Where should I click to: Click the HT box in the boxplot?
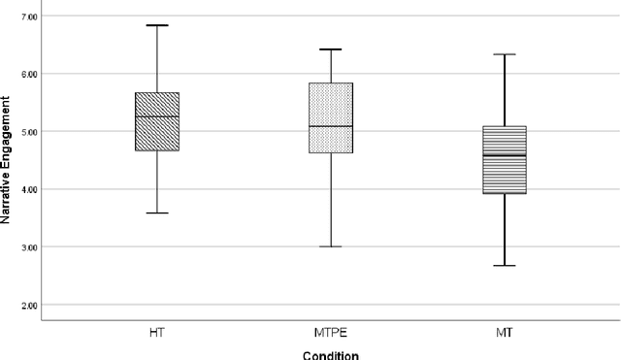[156, 121]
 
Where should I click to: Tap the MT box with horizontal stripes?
[505, 160]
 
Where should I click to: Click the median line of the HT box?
[156, 116]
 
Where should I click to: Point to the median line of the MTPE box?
[331, 126]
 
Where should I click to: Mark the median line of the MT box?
[505, 155]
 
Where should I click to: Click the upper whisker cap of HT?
[156, 25]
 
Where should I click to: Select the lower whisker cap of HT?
[156, 213]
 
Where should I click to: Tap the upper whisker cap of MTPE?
[331, 49]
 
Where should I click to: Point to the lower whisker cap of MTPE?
[331, 246]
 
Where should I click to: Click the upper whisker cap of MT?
[505, 54]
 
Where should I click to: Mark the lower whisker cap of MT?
[505, 265]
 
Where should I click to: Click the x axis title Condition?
[330, 353]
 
